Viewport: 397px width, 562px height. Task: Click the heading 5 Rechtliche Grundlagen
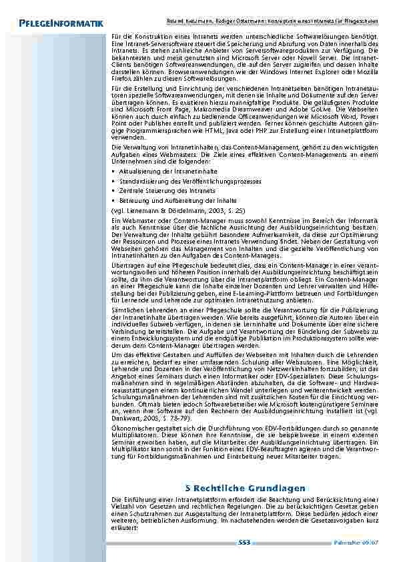coord(246,488)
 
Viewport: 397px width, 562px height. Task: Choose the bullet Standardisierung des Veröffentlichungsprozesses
coord(171,181)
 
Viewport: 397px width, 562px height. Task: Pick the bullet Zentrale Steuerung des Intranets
coord(153,190)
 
